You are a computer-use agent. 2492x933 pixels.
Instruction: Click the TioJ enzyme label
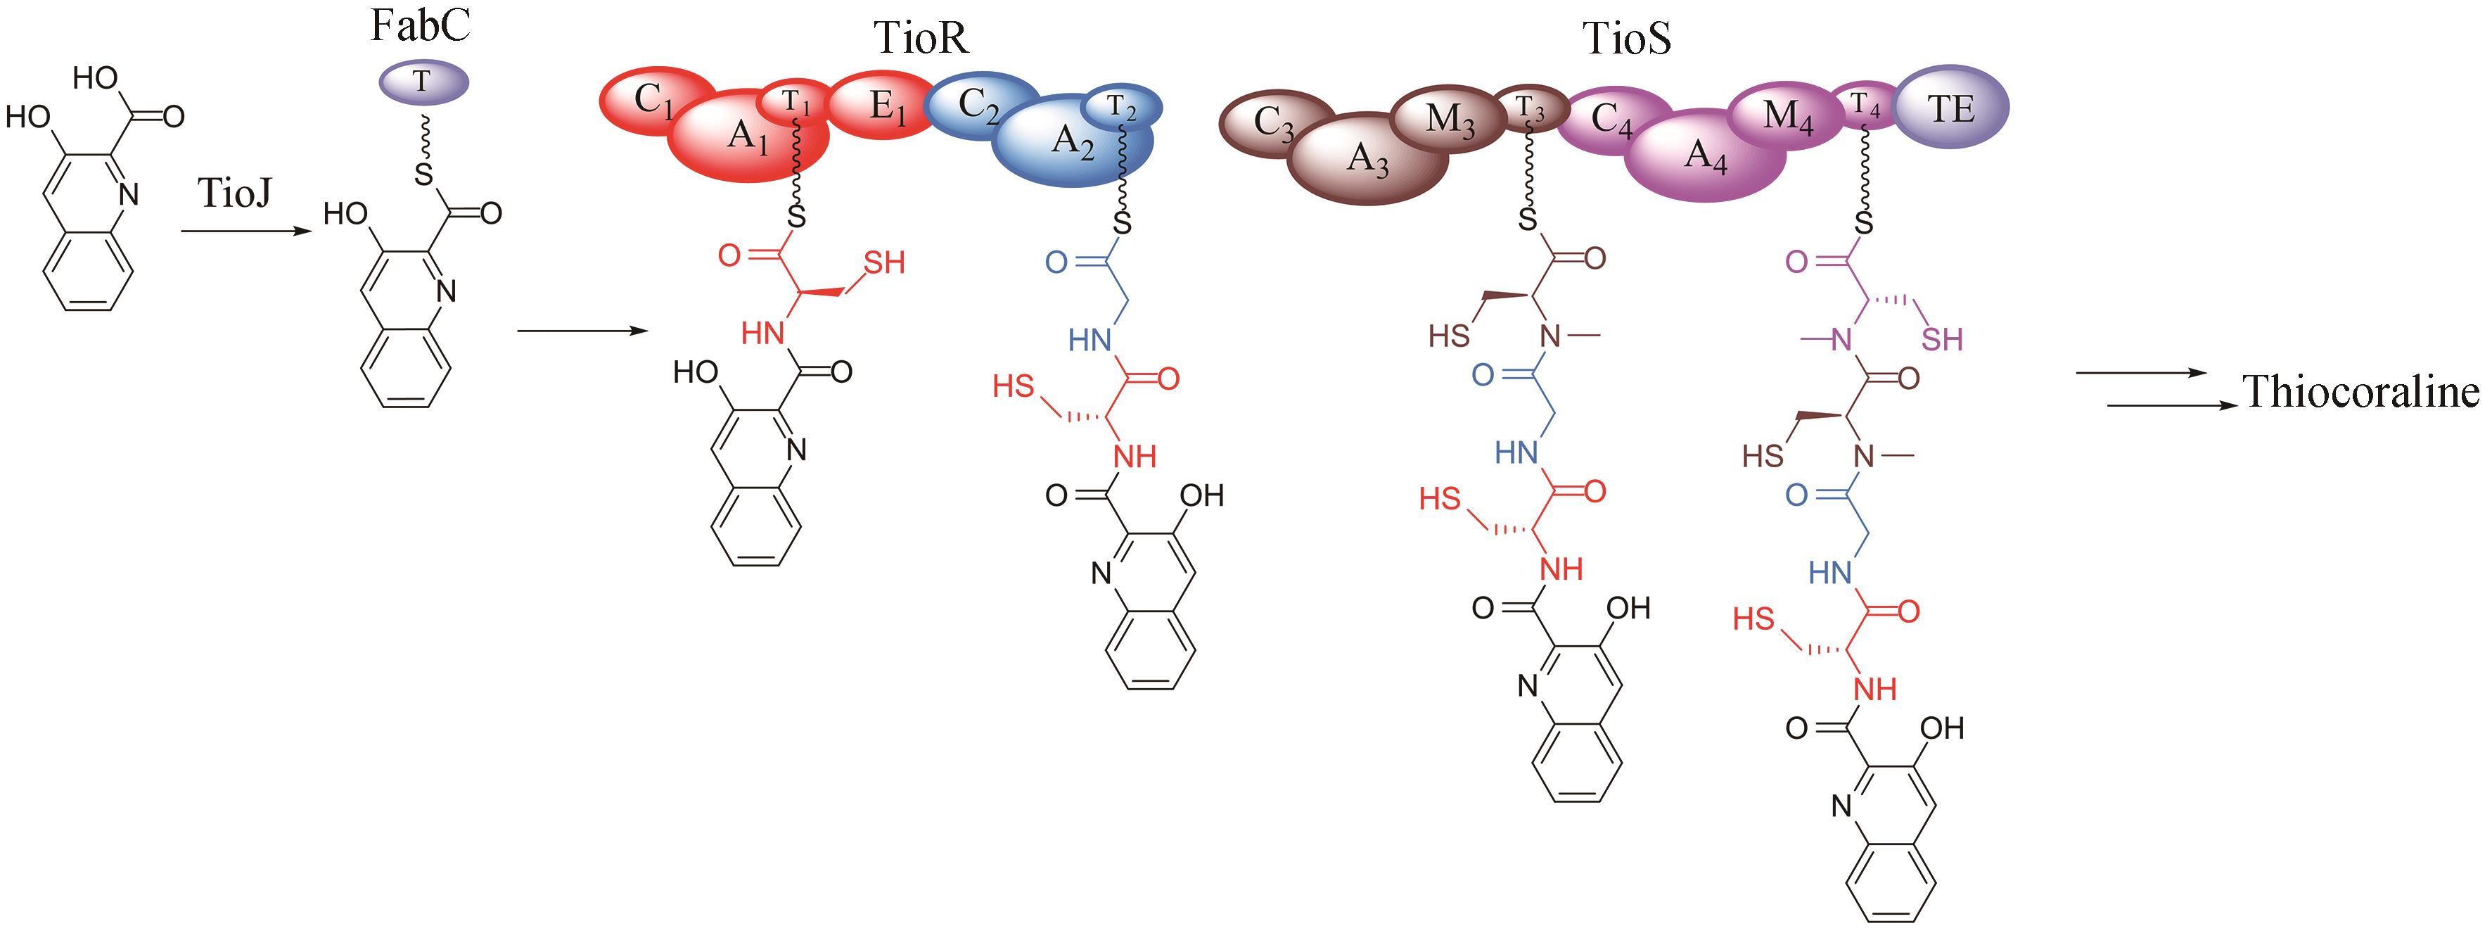click(x=235, y=193)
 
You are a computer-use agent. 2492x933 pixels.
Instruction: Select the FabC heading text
click(x=420, y=26)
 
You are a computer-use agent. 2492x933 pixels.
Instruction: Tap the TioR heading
click(x=920, y=39)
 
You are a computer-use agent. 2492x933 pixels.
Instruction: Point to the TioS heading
click(x=1626, y=39)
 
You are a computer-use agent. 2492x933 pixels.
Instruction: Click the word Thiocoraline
click(x=2360, y=392)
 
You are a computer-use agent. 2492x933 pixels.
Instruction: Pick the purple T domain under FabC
click(x=422, y=82)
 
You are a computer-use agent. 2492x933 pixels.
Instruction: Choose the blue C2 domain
click(x=977, y=106)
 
